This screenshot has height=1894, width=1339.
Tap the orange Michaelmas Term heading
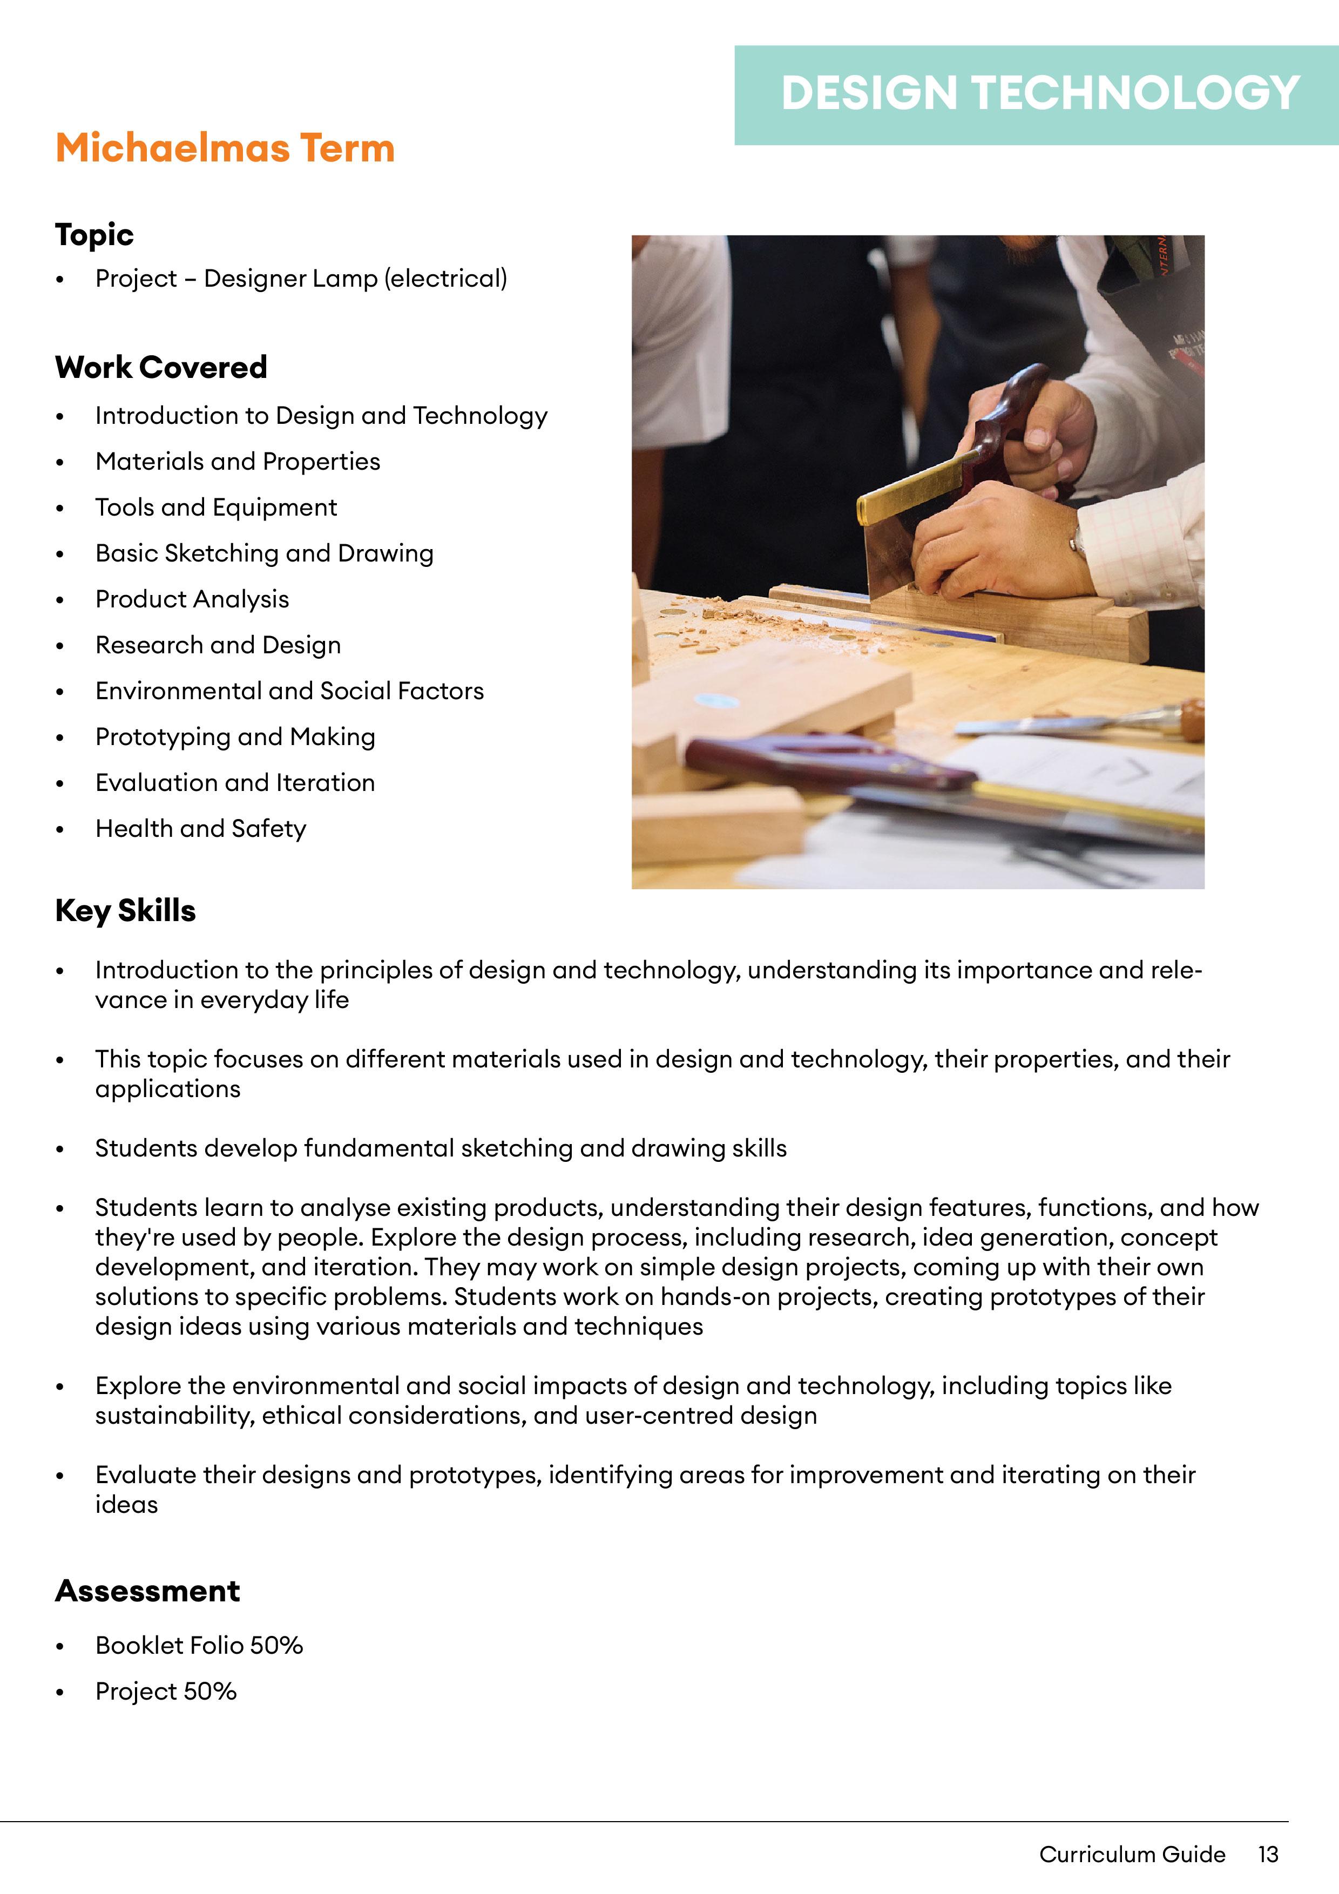coord(225,148)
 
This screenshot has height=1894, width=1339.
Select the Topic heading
coord(94,235)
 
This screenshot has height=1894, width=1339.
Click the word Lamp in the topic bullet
coord(347,279)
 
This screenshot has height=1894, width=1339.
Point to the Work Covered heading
coord(161,367)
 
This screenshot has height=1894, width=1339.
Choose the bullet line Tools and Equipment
coord(216,508)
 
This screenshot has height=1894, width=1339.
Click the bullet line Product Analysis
coord(192,599)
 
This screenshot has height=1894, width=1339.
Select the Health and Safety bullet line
coord(200,828)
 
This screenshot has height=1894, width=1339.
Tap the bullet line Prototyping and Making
coord(235,736)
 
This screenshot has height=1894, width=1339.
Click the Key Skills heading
coord(125,911)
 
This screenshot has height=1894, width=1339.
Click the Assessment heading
coord(148,1591)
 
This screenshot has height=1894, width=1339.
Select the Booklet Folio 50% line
coord(199,1646)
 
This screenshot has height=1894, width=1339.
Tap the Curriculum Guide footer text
coord(1132,1855)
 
